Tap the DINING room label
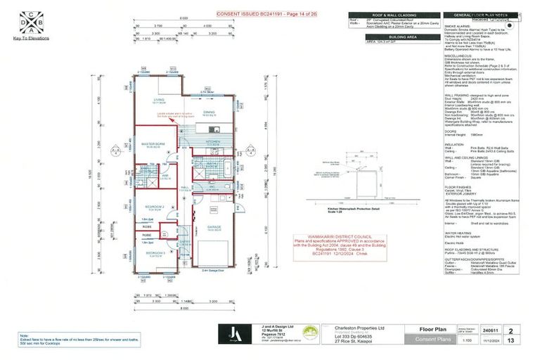pos(210,112)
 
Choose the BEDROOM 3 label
pos(155,252)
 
